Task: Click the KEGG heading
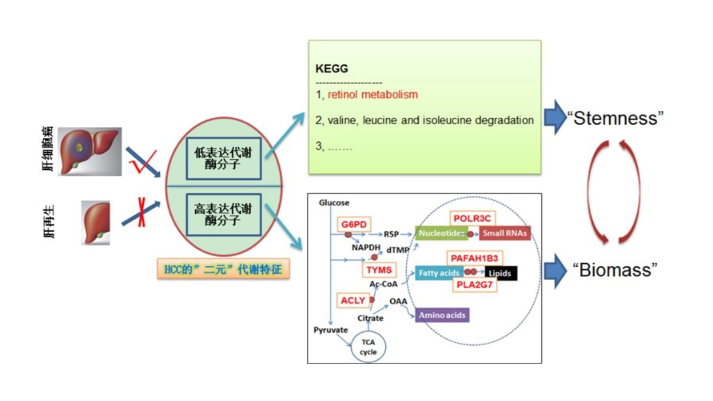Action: [332, 69]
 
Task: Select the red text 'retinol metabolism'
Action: [372, 95]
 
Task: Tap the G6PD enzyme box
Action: [354, 225]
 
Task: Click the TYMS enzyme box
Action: [379, 270]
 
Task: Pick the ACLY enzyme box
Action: [353, 300]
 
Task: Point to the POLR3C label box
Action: [472, 218]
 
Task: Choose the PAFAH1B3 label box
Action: [474, 258]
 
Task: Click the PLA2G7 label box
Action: [474, 285]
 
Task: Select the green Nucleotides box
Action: [441, 233]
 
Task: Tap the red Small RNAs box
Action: [505, 233]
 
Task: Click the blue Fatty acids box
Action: [439, 273]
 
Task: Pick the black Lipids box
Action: [500, 273]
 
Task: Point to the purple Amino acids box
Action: [442, 315]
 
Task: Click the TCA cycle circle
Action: [368, 347]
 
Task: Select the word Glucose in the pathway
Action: [334, 203]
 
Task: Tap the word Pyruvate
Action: [331, 330]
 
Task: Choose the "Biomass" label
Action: [615, 270]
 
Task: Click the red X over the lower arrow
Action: [141, 212]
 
